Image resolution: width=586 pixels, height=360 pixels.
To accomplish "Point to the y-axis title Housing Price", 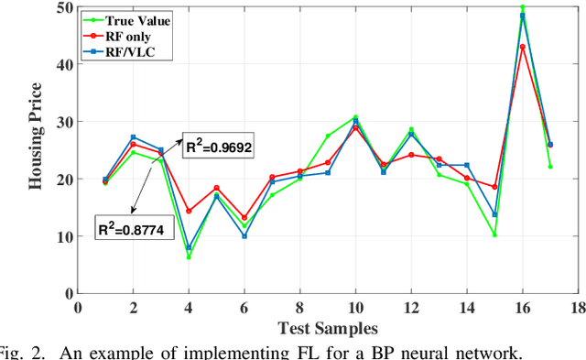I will [x=36, y=149].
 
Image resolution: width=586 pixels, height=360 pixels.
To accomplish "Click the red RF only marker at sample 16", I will [x=522, y=47].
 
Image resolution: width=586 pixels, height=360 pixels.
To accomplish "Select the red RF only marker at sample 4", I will [x=189, y=211].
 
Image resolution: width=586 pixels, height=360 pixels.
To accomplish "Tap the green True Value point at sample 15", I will [x=494, y=235].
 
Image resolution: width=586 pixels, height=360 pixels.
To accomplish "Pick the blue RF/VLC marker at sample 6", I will [x=244, y=236].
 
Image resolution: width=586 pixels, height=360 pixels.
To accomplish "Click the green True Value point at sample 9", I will [x=327, y=136].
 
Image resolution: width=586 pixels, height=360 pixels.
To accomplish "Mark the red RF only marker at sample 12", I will [x=410, y=155].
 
